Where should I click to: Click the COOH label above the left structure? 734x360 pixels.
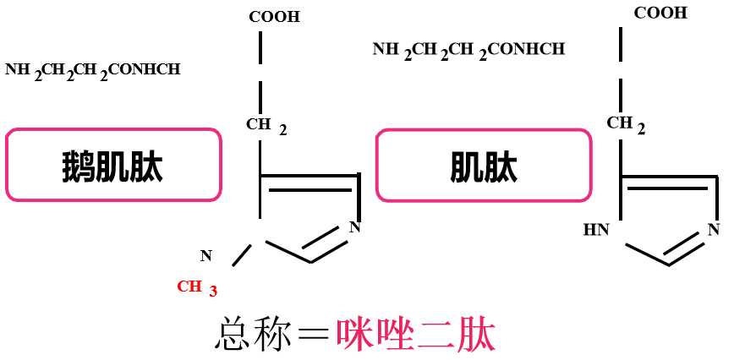tap(274, 17)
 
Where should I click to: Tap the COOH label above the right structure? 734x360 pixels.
tap(660, 13)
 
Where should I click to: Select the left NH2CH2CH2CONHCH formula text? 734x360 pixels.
tap(92, 70)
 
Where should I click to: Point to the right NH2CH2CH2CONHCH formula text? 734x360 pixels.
tap(468, 50)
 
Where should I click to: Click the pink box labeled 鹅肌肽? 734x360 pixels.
tap(113, 165)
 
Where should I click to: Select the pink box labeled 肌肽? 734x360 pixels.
tap(483, 165)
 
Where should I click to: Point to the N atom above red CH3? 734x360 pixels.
tap(205, 255)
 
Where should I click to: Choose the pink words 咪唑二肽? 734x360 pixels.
tap(415, 335)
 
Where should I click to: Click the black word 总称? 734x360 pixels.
tap(249, 335)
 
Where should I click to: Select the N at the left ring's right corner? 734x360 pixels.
tap(354, 226)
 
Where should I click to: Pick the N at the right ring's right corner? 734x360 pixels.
tap(714, 228)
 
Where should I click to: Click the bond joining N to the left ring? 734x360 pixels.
tap(242, 257)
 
